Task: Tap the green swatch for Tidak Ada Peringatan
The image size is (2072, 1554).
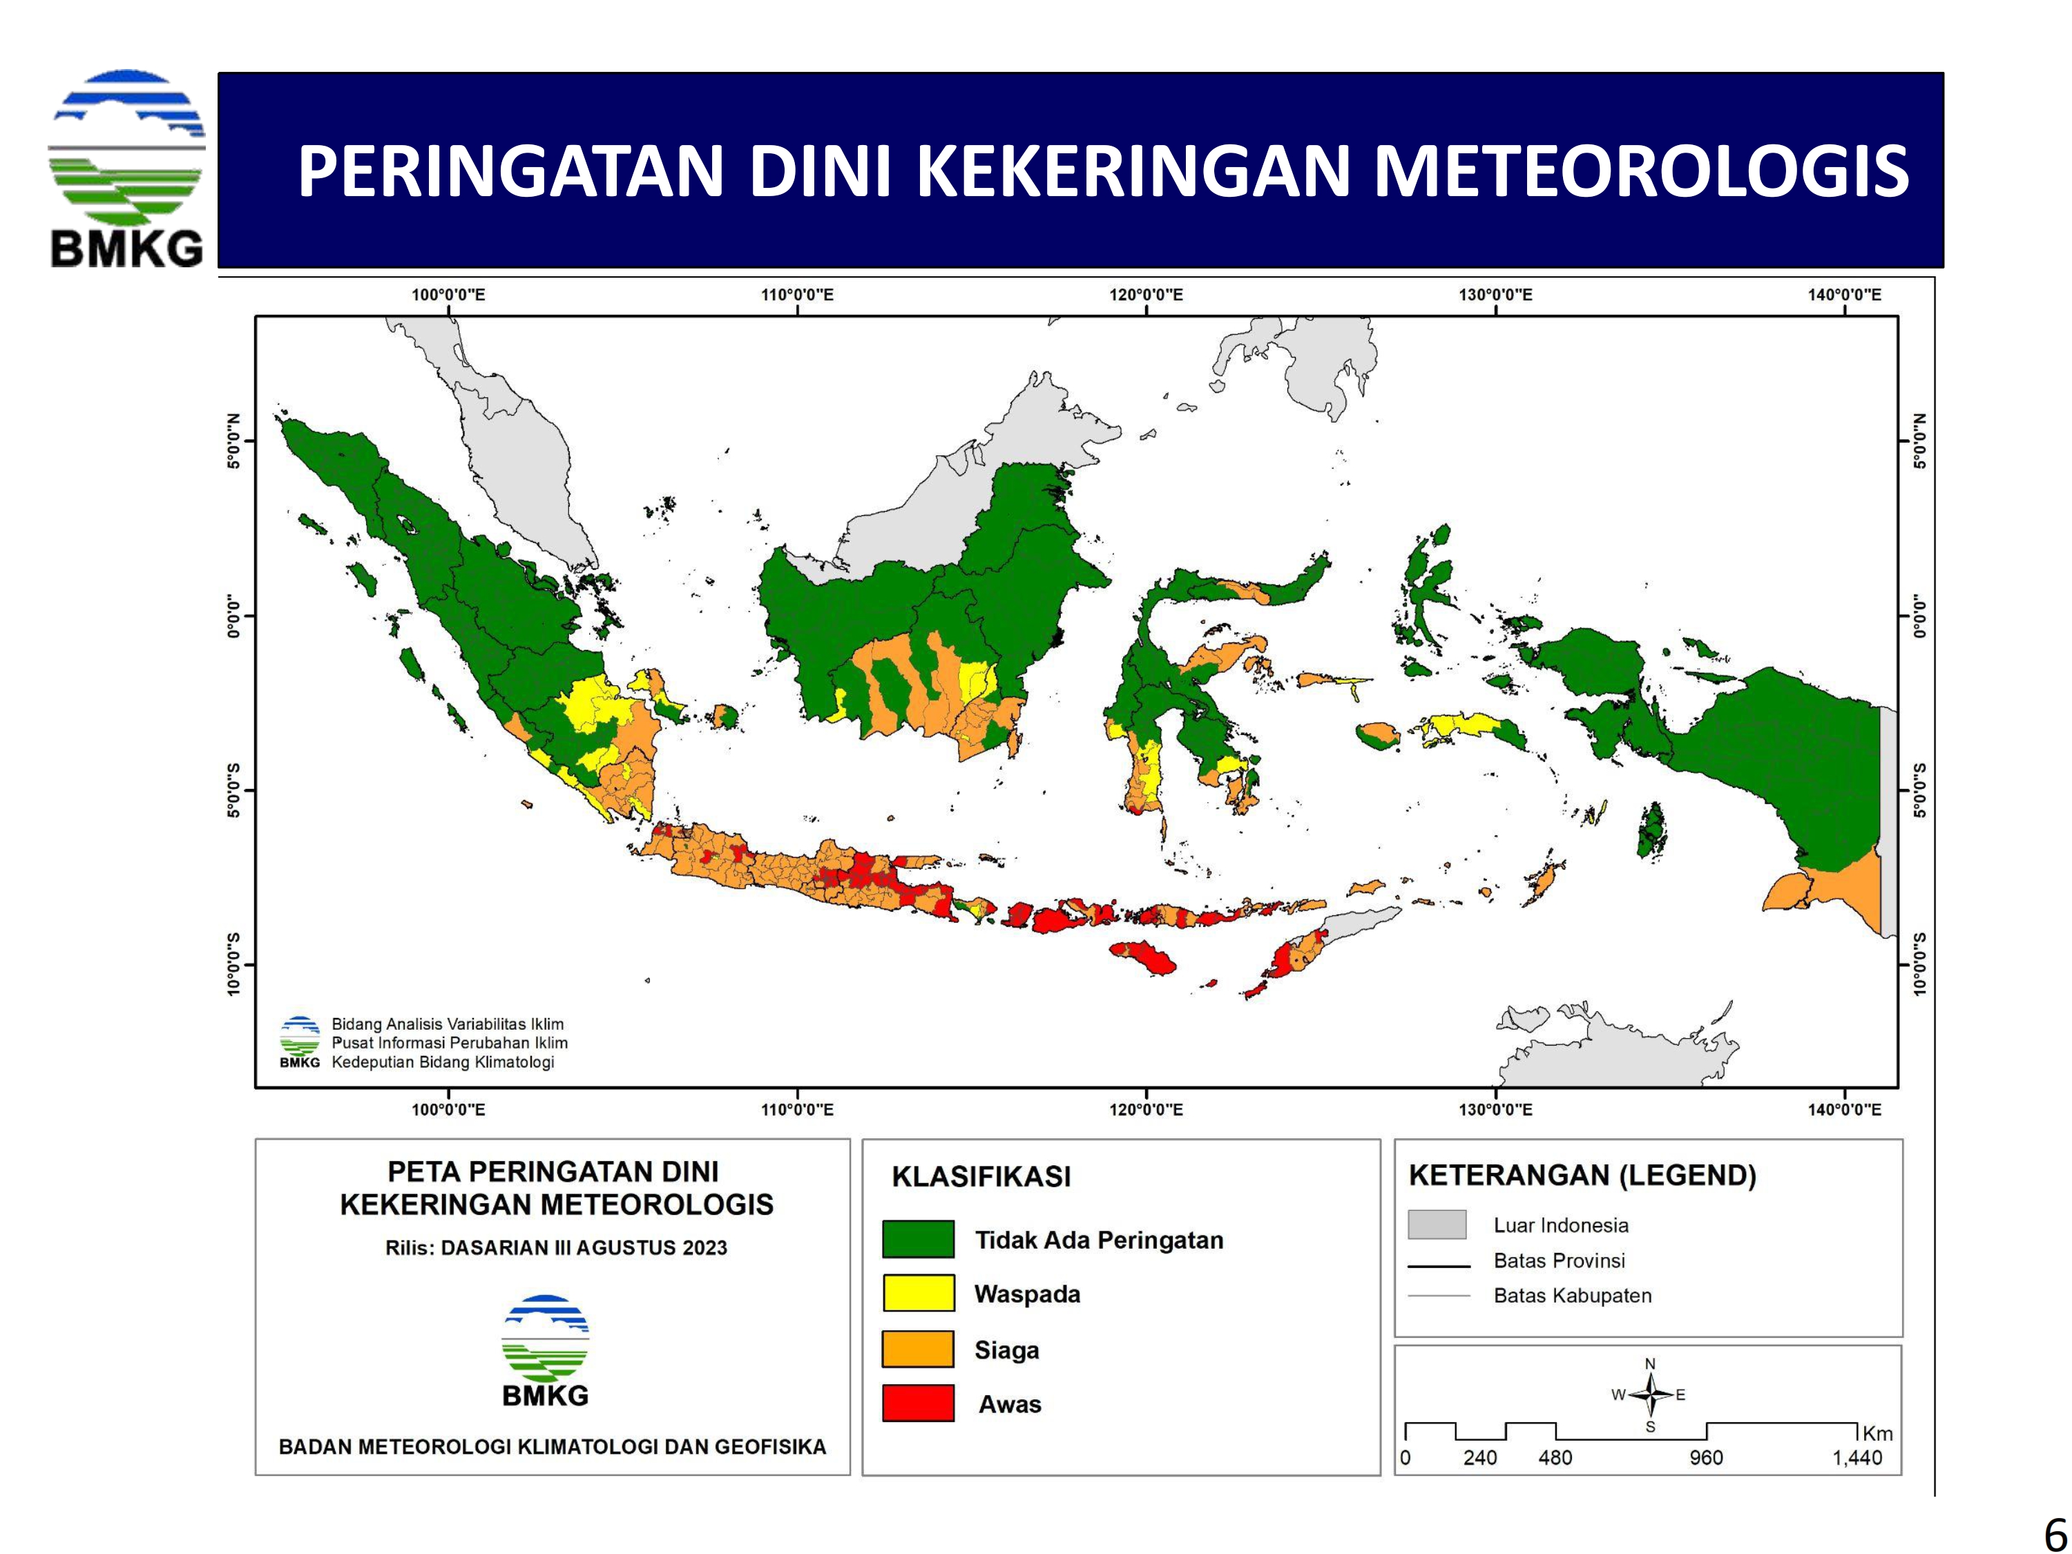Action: point(918,1238)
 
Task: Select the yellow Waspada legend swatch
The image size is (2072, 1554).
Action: point(918,1293)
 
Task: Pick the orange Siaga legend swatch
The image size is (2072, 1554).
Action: point(918,1349)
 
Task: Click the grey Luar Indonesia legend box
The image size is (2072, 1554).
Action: point(1437,1225)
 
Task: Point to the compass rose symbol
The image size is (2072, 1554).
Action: point(1651,1394)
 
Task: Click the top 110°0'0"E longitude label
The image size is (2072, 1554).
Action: point(797,295)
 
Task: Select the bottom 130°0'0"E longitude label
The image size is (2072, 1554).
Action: point(1495,1110)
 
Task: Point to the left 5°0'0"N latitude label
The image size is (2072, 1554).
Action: point(234,441)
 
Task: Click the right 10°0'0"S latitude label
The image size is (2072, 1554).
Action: point(1919,964)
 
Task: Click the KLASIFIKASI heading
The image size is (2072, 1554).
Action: point(981,1176)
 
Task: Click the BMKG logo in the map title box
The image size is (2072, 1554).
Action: point(546,1351)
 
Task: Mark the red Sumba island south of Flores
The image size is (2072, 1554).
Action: point(1143,957)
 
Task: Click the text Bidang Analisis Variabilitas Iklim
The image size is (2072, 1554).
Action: point(448,1024)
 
